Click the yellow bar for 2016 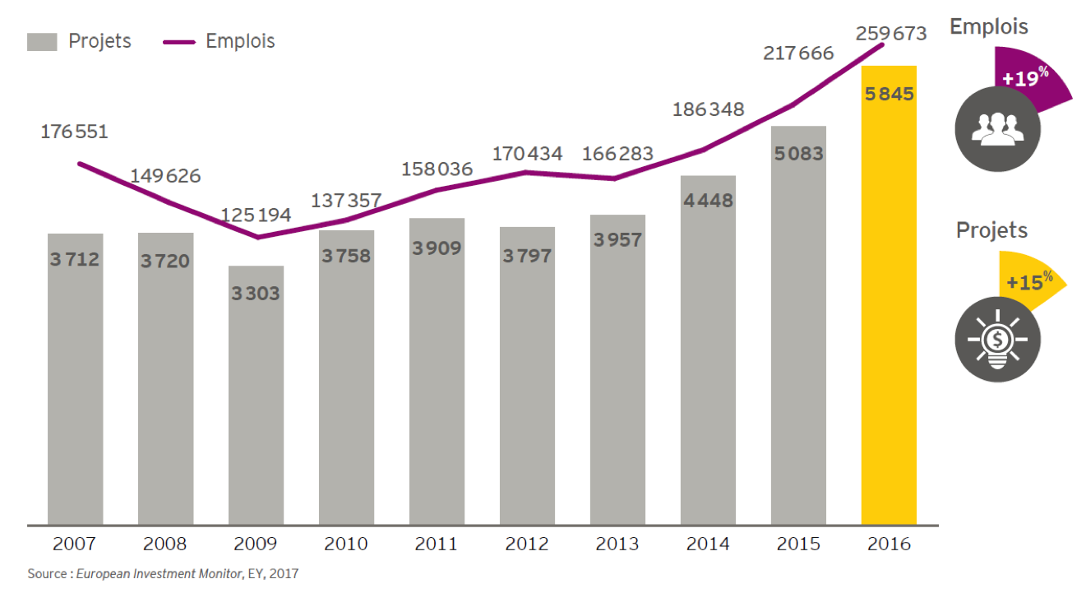point(889,296)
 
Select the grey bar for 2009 point(256,395)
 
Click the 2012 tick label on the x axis point(527,544)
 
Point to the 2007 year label point(75,544)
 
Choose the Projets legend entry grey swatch point(42,42)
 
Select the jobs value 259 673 point(891,34)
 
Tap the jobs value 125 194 point(256,215)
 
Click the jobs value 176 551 point(75,132)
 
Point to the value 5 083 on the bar point(798,154)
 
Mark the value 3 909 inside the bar point(437,248)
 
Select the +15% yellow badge point(1029,281)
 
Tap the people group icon point(997,128)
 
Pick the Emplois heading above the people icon point(989,26)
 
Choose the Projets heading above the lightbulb point(991,230)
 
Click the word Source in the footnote point(44,573)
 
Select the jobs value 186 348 point(708,109)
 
